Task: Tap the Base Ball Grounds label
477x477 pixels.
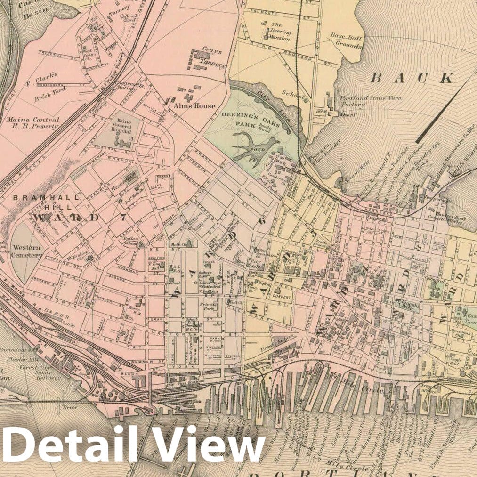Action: (346, 41)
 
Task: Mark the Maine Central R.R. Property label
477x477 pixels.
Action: (32, 123)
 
